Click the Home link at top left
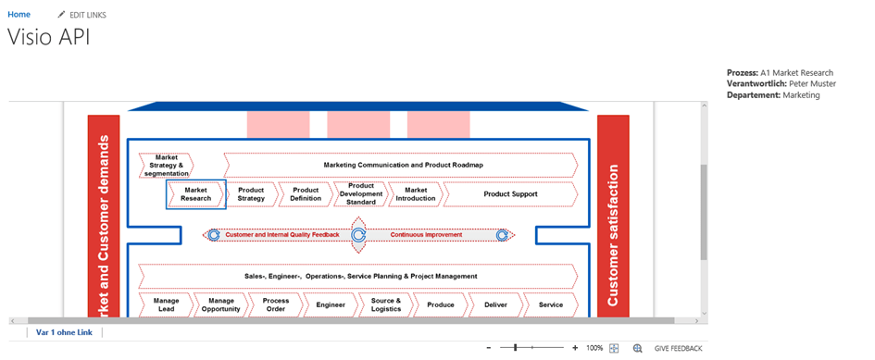coord(19,15)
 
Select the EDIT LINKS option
coord(83,16)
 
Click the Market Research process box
coord(195,194)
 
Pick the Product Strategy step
coord(251,194)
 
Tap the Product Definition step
coord(306,194)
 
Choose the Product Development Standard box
coord(360,194)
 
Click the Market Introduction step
coord(415,194)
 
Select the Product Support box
coord(510,194)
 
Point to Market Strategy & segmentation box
coord(167,166)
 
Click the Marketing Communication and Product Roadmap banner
coord(403,166)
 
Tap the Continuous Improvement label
coord(426,235)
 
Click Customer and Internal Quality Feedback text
coord(282,235)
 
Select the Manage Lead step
coord(167,304)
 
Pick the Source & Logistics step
coord(385,304)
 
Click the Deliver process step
coord(495,304)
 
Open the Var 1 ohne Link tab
coord(64,332)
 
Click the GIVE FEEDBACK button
coord(678,348)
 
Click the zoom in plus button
coord(575,348)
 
